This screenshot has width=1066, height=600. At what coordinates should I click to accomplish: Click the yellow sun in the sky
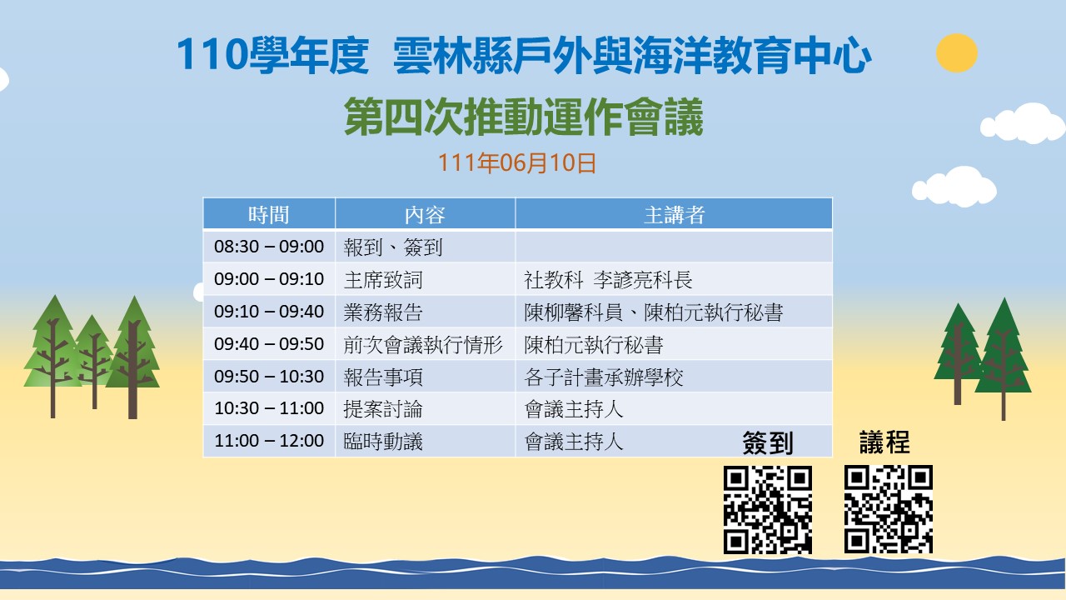click(957, 52)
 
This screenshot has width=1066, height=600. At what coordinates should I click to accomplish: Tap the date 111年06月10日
click(516, 162)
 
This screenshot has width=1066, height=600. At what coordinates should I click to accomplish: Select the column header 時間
click(269, 215)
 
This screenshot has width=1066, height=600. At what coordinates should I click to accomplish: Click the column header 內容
click(425, 215)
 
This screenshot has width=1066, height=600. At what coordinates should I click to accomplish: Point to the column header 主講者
click(674, 215)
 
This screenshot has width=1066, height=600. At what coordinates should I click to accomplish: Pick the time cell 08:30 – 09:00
click(269, 246)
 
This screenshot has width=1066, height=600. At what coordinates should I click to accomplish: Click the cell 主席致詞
click(383, 279)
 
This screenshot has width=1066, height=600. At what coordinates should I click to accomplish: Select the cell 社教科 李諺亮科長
click(608, 279)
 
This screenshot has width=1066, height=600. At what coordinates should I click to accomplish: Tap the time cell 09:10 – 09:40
click(269, 312)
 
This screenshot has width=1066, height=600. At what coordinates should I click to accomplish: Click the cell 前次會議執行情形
click(423, 344)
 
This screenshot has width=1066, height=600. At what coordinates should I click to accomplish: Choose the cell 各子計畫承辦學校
click(604, 377)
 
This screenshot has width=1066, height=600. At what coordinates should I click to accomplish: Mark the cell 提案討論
click(383, 409)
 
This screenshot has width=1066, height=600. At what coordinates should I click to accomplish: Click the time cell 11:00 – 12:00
click(269, 441)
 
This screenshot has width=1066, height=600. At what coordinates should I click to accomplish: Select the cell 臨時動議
click(383, 442)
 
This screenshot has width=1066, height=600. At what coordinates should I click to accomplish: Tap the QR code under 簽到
click(768, 509)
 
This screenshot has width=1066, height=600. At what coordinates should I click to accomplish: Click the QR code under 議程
click(888, 509)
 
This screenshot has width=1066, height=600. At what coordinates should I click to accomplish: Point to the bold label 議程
click(884, 442)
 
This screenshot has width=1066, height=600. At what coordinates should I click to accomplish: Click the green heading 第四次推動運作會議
click(524, 116)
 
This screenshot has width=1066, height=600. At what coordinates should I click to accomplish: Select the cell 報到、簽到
click(393, 247)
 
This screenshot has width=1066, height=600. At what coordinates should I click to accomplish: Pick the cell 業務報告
click(383, 312)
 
